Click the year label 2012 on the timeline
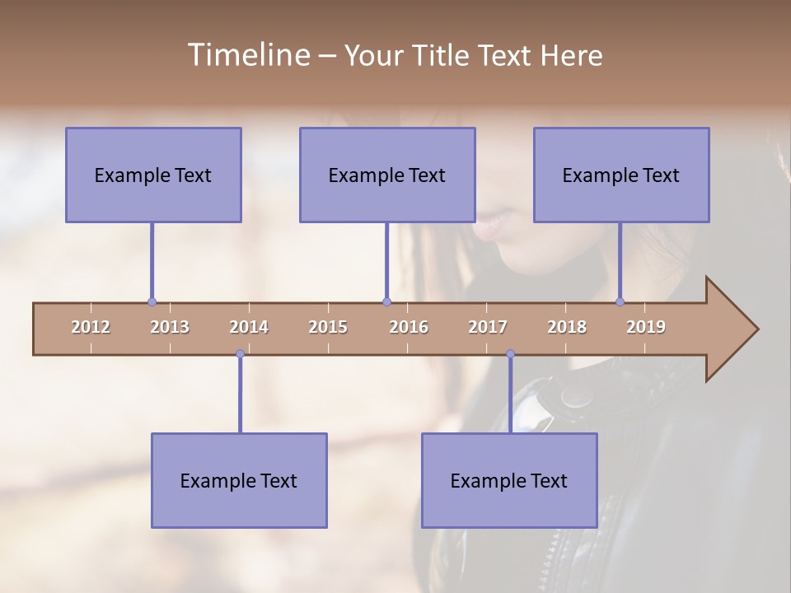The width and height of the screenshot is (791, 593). coord(91,327)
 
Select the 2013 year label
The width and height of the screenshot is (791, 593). coord(170,327)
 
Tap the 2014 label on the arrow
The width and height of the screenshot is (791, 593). coord(249,327)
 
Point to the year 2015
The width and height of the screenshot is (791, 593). coord(328,327)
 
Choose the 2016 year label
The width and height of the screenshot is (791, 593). coord(409,327)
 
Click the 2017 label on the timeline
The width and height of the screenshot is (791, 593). coord(488,327)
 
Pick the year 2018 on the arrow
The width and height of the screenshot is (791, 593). coord(567,327)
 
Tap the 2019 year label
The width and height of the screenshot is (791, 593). coord(646,327)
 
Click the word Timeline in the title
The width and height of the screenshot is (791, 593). coord(247,54)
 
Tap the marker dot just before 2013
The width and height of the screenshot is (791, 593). coord(152,302)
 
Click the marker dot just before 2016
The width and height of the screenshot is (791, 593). coord(386,302)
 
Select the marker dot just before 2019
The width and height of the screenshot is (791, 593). coord(620,302)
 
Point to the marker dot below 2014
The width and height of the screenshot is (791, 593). coord(240,354)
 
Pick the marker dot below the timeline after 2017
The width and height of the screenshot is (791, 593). coord(510,354)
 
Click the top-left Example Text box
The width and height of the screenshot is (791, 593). coord(153,175)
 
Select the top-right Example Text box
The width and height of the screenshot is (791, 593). coord(621,175)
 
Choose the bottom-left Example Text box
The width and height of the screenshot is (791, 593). coord(239,480)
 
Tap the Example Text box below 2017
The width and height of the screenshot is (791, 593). coord(509,480)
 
